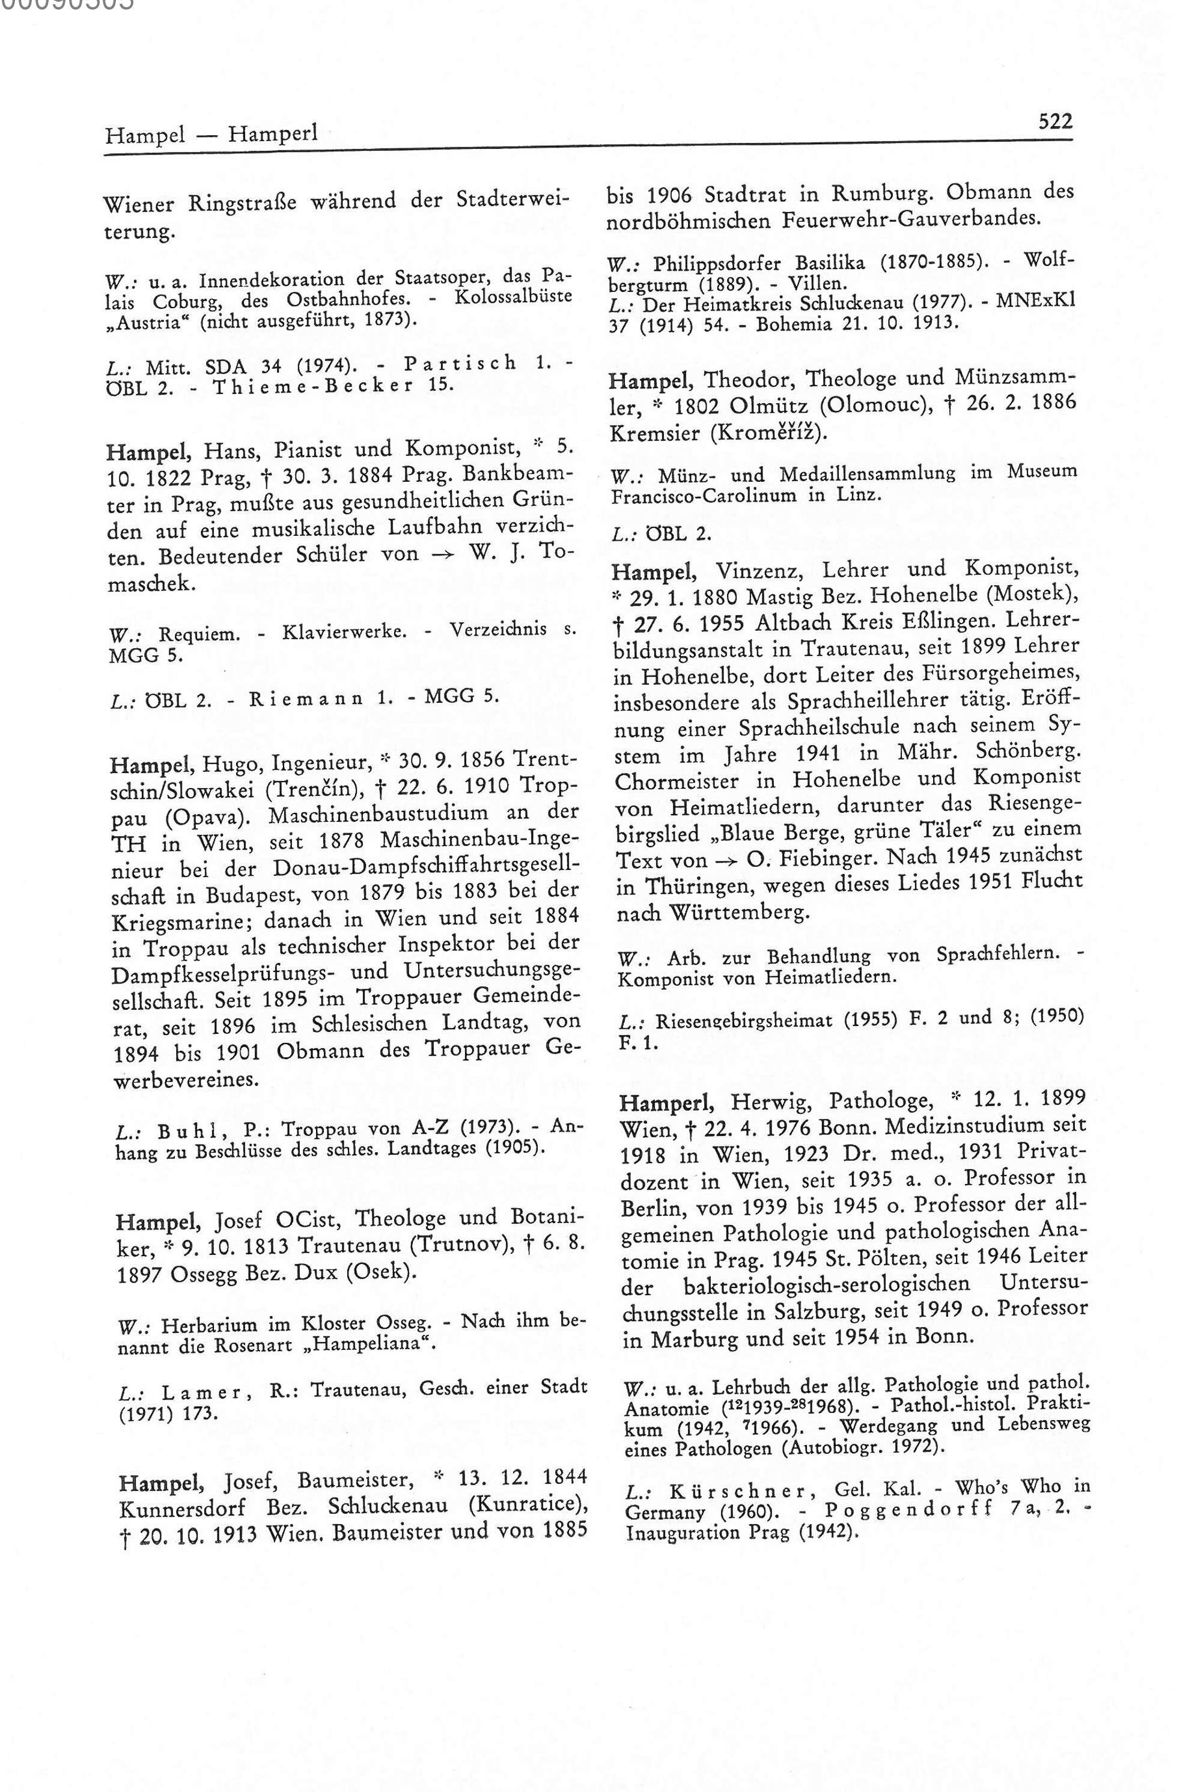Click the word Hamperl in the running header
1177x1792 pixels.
coord(273,134)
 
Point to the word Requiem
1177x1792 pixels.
coord(199,633)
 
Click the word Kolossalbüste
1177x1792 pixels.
coord(513,296)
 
